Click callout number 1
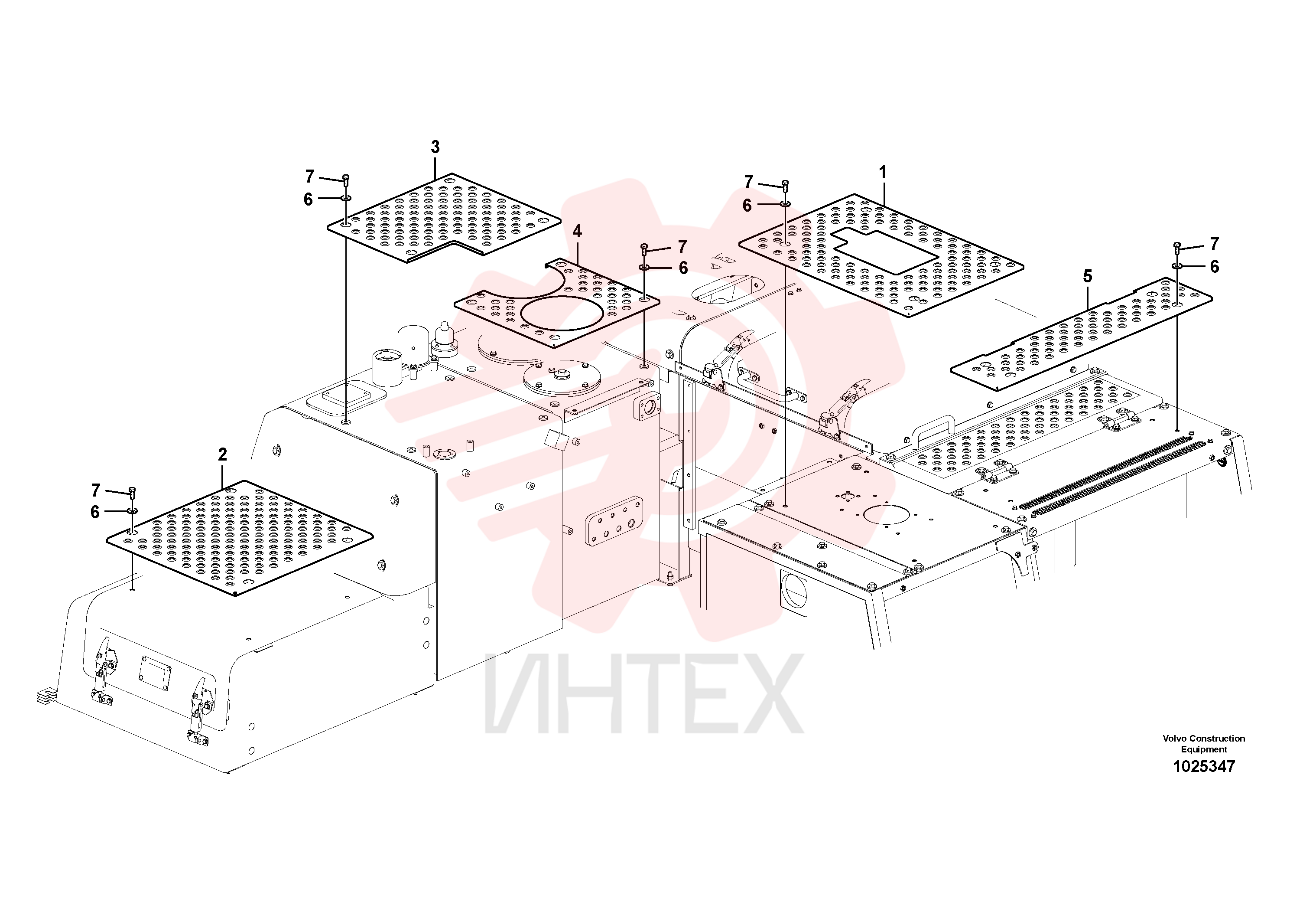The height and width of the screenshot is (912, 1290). coord(883,172)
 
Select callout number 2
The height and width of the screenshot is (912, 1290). coord(222,454)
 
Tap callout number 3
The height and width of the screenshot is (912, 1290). coord(435,147)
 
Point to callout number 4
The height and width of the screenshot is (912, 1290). coord(577,231)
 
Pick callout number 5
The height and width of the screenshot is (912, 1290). coord(1088,276)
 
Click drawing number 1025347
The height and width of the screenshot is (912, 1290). coord(1204,766)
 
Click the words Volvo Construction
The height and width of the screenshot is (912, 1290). coord(1204,738)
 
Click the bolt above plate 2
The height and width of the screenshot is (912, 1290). coord(133,493)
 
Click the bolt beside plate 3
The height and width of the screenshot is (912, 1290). coord(345,180)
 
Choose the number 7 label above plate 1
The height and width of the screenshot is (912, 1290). coord(748,182)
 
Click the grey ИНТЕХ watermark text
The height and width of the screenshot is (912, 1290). coord(644,693)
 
